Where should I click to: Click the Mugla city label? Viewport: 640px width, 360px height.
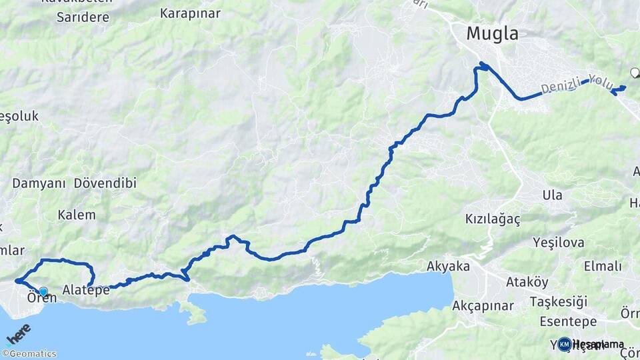pyautogui.click(x=492, y=33)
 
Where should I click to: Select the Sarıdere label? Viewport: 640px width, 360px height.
pyautogui.click(x=83, y=17)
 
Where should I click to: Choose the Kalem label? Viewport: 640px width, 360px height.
pyautogui.click(x=77, y=215)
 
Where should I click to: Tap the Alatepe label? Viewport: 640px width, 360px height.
pyautogui.click(x=86, y=290)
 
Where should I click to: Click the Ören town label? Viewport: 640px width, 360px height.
pyautogui.click(x=41, y=298)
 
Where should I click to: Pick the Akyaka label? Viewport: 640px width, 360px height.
pyautogui.click(x=448, y=267)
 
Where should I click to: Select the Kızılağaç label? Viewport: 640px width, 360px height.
pyautogui.click(x=492, y=219)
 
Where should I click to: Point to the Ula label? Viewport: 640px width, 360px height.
pyautogui.click(x=552, y=195)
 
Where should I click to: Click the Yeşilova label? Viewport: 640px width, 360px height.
pyautogui.click(x=559, y=243)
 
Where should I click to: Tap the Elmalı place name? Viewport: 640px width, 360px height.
pyautogui.click(x=603, y=267)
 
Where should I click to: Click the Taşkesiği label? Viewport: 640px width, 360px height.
pyautogui.click(x=559, y=302)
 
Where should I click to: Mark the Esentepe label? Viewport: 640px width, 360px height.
pyautogui.click(x=568, y=322)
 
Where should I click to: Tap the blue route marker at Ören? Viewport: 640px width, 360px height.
pyautogui.click(x=43, y=291)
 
